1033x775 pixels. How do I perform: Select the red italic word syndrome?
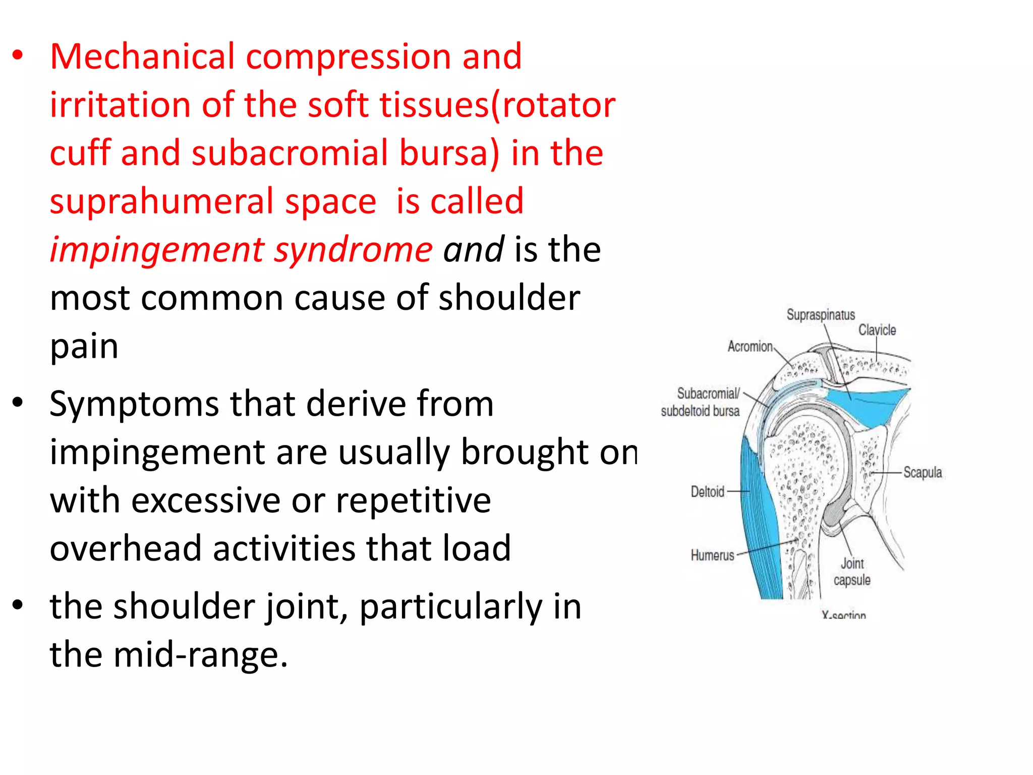pyautogui.click(x=353, y=251)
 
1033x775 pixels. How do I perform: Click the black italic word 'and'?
pyautogui.click(x=473, y=250)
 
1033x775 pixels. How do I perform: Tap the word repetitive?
pyautogui.click(x=413, y=501)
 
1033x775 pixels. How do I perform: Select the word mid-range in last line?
pyautogui.click(x=200, y=655)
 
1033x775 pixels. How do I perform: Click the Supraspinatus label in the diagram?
pyautogui.click(x=821, y=315)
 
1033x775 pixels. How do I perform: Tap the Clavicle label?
pyautogui.click(x=877, y=330)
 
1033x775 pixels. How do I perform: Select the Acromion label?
pyautogui.click(x=750, y=347)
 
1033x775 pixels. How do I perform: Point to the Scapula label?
pyautogui.click(x=923, y=473)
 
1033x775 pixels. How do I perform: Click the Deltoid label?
pyautogui.click(x=707, y=491)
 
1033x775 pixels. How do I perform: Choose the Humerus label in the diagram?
pyautogui.click(x=712, y=556)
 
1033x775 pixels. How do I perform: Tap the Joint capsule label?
pyautogui.click(x=852, y=572)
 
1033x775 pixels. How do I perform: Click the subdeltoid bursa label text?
pyautogui.click(x=700, y=411)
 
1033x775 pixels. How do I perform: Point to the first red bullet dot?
pyautogui.click(x=18, y=56)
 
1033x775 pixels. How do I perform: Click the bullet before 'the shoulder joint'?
pyautogui.click(x=18, y=605)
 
